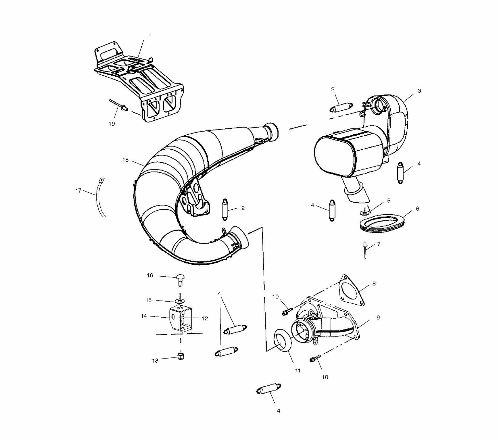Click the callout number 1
pos(150,35)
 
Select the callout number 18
pos(126,160)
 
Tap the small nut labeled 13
pos(181,357)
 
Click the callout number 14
pos(144,316)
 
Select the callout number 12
pos(205,318)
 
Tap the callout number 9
pos(378,317)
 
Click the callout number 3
pos(419,91)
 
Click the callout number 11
pos(298,371)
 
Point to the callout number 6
pos(418,209)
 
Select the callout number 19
pos(112,124)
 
